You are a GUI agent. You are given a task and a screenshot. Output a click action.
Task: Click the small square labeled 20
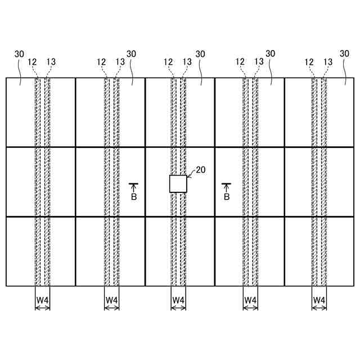click(x=178, y=183)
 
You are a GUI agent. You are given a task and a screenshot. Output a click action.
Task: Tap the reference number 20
click(x=200, y=169)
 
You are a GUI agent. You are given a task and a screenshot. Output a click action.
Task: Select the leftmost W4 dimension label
click(x=43, y=300)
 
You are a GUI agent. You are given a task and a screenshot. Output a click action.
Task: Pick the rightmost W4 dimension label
click(x=319, y=300)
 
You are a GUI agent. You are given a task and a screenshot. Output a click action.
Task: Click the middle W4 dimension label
click(x=178, y=300)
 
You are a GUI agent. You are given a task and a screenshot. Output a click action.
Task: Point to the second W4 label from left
click(x=112, y=300)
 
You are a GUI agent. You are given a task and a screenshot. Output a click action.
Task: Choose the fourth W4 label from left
click(x=250, y=300)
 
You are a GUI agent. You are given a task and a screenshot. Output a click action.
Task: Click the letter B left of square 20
click(x=134, y=197)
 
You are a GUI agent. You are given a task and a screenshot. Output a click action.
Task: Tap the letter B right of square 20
click(x=227, y=197)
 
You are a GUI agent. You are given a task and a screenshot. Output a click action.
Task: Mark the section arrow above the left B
click(x=134, y=187)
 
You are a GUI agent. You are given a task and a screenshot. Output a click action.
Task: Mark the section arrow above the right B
click(x=227, y=187)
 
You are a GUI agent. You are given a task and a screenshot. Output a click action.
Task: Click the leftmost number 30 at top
click(x=19, y=54)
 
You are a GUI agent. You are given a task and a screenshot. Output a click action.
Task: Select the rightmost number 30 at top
click(x=345, y=54)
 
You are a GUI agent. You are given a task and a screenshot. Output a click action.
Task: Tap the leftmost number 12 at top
click(x=32, y=62)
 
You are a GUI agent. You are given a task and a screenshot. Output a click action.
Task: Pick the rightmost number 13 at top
click(x=328, y=62)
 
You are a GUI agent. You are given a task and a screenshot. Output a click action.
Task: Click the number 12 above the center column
click(x=168, y=62)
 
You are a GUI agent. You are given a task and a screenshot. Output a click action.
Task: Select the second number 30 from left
click(x=132, y=54)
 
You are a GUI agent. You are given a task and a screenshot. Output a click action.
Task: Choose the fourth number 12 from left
click(x=240, y=62)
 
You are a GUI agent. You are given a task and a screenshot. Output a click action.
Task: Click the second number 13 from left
click(x=120, y=62)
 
